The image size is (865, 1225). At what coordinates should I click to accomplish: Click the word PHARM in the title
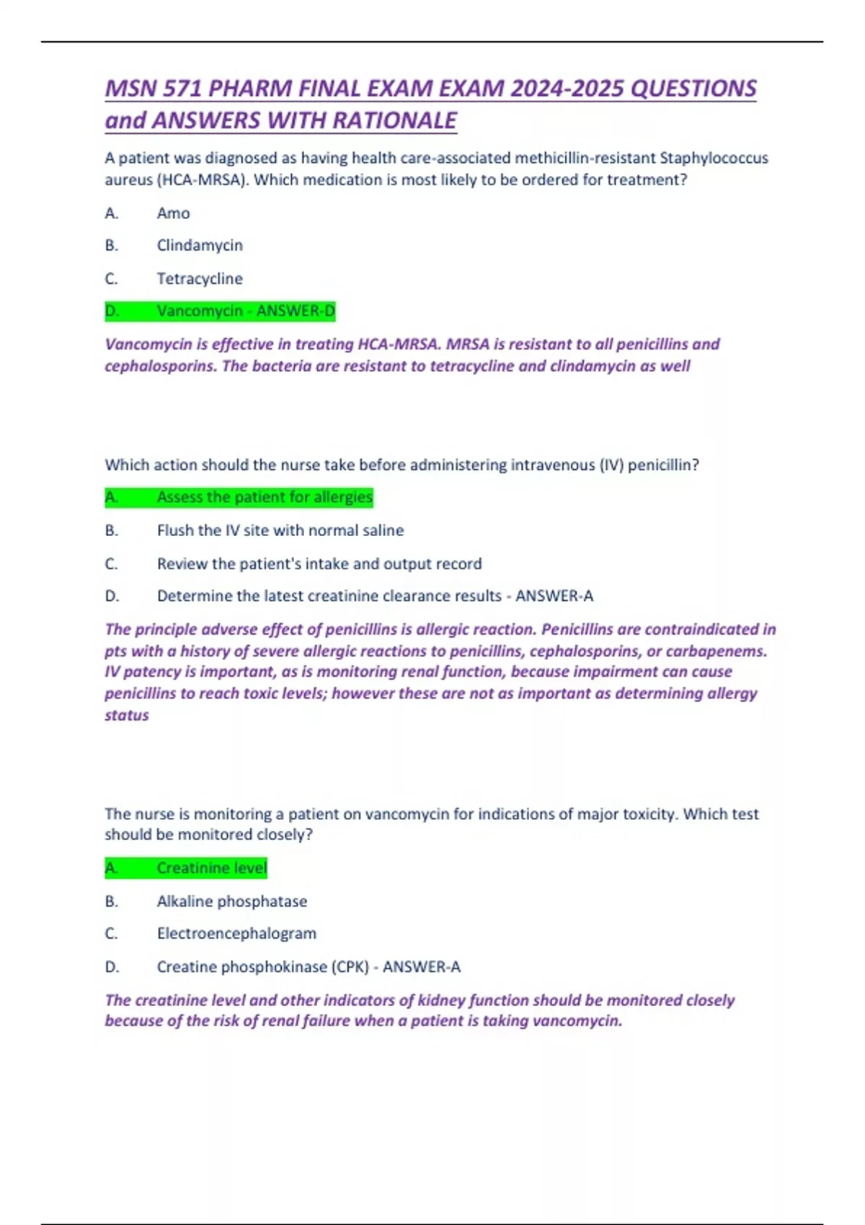point(249,89)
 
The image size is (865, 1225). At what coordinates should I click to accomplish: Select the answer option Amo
point(173,213)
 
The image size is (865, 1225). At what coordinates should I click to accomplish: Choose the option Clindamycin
point(200,246)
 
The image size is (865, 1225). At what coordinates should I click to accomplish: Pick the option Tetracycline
point(200,279)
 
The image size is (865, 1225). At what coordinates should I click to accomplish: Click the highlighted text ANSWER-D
point(296,311)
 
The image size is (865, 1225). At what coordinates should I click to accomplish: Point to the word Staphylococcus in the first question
point(714,159)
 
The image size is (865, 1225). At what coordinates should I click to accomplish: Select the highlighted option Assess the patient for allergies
point(264,497)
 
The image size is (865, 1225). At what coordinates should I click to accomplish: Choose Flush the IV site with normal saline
point(280,530)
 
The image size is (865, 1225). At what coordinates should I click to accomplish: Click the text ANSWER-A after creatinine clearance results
point(554,596)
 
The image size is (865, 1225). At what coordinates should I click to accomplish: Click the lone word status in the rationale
point(127,716)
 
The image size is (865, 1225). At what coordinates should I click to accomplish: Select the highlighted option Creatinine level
point(211,868)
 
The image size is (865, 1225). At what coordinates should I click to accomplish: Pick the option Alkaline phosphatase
point(231,901)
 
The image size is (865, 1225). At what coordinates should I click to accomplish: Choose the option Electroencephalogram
point(236,934)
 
